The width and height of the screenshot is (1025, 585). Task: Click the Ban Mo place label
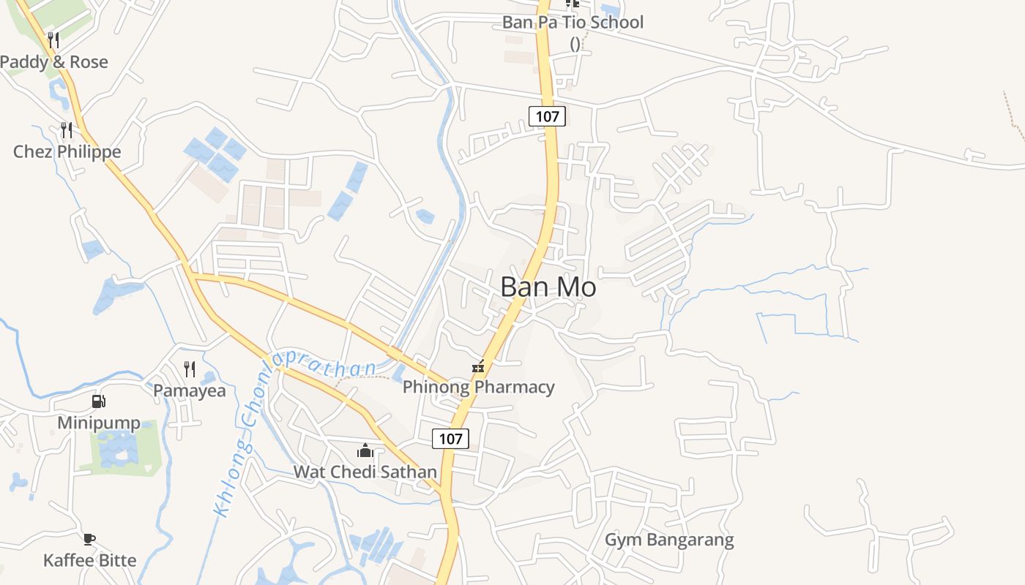[548, 287]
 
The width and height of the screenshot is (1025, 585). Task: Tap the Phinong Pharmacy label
[479, 387]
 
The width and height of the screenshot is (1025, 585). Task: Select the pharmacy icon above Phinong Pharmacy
[478, 367]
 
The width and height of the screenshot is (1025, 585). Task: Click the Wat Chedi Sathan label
[365, 472]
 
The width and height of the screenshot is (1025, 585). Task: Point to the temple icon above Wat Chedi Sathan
[365, 450]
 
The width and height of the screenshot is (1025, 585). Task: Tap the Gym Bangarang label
[668, 540]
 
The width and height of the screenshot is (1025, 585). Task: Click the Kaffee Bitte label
[89, 560]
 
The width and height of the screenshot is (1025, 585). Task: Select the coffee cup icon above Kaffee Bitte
[89, 540]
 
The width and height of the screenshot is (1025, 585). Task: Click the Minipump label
[99, 423]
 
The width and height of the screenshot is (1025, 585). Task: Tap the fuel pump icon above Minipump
[98, 401]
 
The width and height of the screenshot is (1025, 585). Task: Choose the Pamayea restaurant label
[190, 390]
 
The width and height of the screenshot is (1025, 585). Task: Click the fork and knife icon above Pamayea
[190, 369]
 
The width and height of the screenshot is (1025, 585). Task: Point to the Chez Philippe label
[67, 152]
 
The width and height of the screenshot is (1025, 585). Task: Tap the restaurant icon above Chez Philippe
[67, 130]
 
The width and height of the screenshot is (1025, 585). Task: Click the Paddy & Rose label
[53, 62]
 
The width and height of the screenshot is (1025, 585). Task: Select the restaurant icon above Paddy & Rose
[53, 39]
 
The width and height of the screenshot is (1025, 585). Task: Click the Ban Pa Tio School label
[573, 22]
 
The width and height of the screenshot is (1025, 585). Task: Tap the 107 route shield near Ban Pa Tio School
[547, 116]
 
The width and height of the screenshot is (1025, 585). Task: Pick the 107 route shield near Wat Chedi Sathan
[450, 438]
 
